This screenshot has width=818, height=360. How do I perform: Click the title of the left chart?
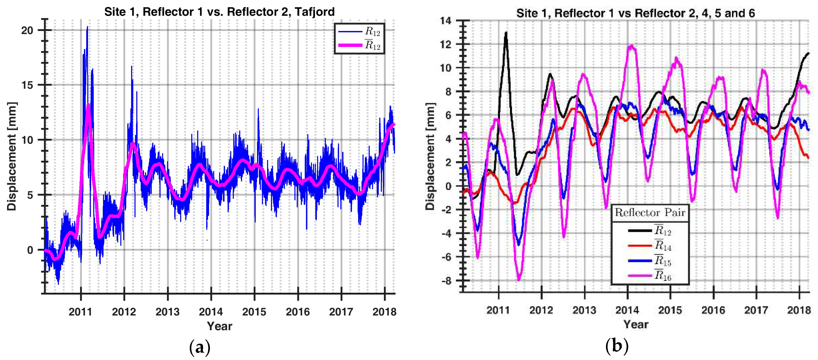tap(219, 12)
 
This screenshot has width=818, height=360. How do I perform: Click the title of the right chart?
tap(635, 13)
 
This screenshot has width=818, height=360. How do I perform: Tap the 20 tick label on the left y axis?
tap(27, 31)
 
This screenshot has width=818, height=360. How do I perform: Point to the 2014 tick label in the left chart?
tap(211, 312)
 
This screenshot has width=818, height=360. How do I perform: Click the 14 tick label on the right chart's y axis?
tap(446, 21)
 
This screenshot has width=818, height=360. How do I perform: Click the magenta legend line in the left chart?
tap(350, 45)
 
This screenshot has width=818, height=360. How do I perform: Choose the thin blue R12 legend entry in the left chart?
tap(350, 31)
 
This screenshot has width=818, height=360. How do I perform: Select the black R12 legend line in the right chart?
tap(639, 230)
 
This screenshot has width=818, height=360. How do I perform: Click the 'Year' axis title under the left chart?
tap(219, 326)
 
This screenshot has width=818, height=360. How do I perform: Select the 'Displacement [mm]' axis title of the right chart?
tap(430, 156)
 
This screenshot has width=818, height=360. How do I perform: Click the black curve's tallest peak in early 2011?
tap(506, 32)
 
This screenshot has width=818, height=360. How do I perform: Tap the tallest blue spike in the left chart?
tap(87, 27)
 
